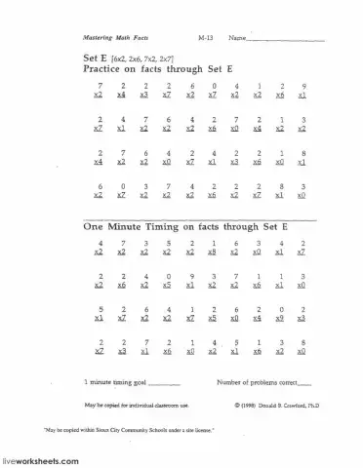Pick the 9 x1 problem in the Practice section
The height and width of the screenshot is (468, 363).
click(303, 91)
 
